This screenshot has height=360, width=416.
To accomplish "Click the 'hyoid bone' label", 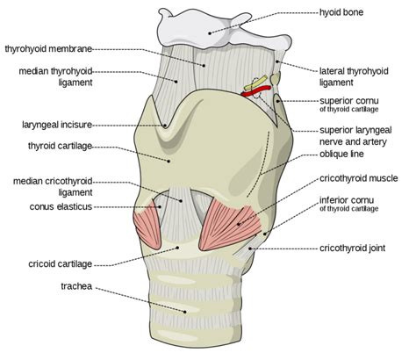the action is coord(341,12).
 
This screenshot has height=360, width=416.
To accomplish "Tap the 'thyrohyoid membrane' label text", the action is coord(48,48).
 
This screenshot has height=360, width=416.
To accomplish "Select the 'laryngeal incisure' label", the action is coord(57,125).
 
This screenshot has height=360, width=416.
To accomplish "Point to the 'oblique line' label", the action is coord(341,154).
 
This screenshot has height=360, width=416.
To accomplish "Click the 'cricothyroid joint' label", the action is coord(352,248).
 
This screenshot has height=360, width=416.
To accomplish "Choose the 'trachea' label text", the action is coord(76,286).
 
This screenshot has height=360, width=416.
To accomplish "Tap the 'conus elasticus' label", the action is coord(61,207).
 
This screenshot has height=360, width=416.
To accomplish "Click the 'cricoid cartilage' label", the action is coord(61,264).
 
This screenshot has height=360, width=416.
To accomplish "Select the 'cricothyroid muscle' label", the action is coord(359,178).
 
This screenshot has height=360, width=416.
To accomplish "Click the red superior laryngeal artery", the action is coord(256,90).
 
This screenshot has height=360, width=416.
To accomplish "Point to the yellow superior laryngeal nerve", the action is coord(256,83).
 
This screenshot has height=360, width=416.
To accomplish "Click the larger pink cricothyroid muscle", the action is coord(230,228).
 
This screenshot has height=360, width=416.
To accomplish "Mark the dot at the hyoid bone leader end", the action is coord(210,33).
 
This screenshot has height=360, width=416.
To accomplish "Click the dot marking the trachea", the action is coord(185,312).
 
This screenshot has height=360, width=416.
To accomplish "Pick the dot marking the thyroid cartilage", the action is coord(169,161).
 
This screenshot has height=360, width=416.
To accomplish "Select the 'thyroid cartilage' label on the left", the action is coord(60,146).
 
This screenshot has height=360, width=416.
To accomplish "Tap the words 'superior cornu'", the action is coord(349,101).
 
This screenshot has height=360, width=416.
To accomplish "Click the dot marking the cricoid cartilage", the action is coord(177,248).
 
